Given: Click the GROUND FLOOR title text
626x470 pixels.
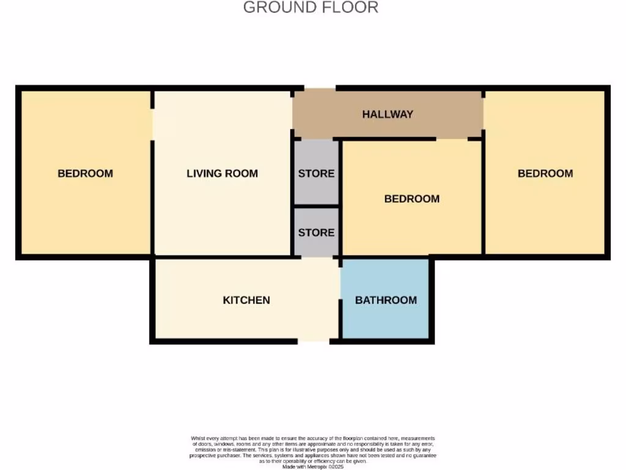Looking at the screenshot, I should [311, 8].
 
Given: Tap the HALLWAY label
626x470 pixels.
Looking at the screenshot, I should [387, 114].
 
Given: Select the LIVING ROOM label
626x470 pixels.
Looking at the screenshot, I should [222, 173].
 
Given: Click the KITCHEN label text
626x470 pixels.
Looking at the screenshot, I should [246, 300].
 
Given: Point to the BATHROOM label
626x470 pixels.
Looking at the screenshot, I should [386, 300].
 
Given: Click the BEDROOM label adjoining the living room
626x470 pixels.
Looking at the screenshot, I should [85, 173].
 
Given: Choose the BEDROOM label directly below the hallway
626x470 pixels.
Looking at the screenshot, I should [411, 199].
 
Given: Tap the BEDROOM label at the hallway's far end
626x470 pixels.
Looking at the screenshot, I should [545, 173].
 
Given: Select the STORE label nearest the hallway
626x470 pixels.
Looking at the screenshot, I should [316, 173].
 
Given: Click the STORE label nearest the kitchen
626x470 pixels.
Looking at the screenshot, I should [316, 233].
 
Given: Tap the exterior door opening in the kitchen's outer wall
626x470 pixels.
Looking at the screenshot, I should [314, 340].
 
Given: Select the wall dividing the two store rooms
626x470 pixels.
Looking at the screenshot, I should [316, 206].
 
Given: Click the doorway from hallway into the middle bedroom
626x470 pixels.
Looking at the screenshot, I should [452, 139].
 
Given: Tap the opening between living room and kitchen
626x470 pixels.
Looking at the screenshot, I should [320, 257].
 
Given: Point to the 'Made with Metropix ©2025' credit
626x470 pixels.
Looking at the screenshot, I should [312, 466].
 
